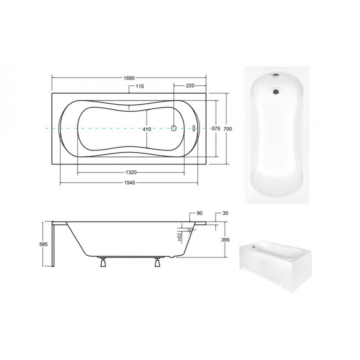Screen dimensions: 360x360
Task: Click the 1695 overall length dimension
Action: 129,78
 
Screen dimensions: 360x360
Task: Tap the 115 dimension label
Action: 140,86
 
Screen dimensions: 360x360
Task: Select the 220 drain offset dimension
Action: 190,86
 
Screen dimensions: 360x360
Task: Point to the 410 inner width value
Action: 147,129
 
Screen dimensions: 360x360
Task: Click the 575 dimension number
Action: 216,129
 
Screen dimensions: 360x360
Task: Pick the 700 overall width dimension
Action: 228,129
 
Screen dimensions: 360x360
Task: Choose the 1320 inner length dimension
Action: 131,172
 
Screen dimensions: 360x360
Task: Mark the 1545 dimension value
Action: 130,183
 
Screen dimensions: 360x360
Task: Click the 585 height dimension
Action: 44,244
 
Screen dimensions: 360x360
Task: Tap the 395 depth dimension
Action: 225,240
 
